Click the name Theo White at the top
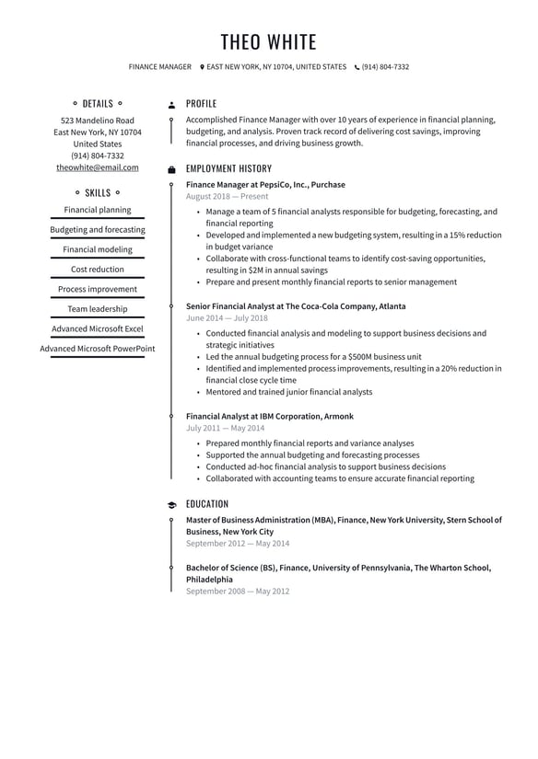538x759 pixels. (x=268, y=42)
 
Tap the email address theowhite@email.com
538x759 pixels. (x=98, y=167)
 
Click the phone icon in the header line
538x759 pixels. (x=357, y=67)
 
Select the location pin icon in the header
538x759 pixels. (x=202, y=67)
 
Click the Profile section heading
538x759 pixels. (x=201, y=104)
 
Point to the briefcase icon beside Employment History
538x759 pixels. (x=171, y=169)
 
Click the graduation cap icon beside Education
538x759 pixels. (x=171, y=505)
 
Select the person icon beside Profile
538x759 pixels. (x=171, y=105)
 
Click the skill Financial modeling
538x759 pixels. (x=98, y=249)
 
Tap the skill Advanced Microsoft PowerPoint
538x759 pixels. (x=98, y=349)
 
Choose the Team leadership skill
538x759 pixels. (x=98, y=309)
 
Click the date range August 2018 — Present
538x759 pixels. (x=227, y=196)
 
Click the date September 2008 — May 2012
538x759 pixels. (x=238, y=591)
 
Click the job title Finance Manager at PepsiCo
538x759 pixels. (x=265, y=184)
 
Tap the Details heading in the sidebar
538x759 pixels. (x=98, y=104)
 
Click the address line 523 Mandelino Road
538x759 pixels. (x=98, y=121)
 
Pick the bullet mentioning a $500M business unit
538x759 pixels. (x=314, y=357)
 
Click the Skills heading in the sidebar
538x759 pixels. (x=98, y=193)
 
